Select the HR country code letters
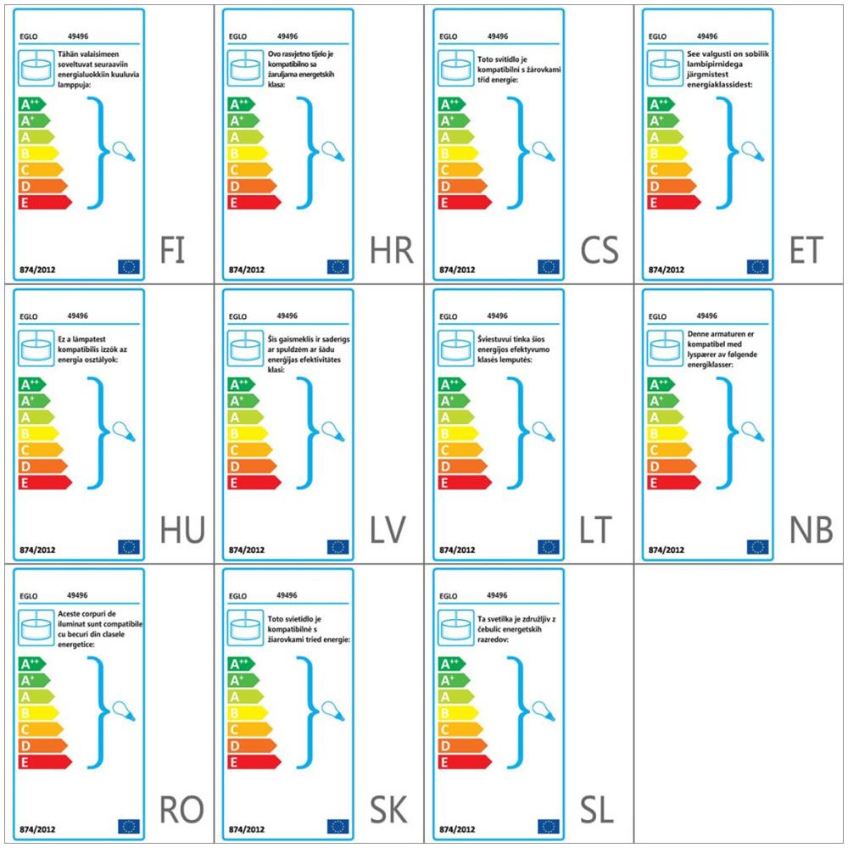391,250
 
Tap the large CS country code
600,250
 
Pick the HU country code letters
182,530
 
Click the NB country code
811,530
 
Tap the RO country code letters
181,810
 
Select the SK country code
389,810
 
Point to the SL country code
597,810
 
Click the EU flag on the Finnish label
129,266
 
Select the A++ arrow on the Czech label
452,104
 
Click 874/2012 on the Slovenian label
457,828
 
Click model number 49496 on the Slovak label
287,595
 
